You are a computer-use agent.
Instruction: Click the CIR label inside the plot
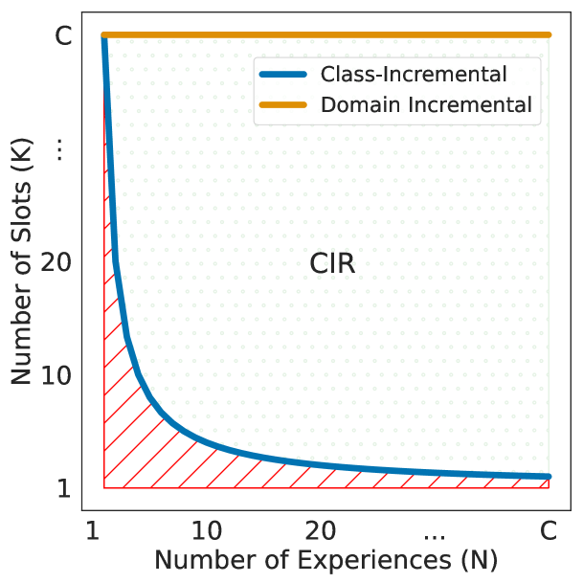333,264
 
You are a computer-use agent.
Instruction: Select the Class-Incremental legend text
414,74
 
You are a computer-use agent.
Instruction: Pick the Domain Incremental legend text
426,104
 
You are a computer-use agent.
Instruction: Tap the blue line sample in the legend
281,74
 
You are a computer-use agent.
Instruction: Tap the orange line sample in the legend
281,104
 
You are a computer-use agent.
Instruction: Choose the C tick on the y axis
63,37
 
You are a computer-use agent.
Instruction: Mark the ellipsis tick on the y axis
60,149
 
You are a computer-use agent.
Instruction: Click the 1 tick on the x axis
93,529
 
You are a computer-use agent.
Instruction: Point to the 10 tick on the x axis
208,529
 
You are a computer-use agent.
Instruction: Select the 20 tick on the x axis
321,529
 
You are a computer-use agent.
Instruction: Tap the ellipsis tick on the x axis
434,529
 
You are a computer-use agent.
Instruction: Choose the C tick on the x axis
548,529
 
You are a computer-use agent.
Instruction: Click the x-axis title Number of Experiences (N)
325,558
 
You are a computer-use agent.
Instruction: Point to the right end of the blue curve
549,476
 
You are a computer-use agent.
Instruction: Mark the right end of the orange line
549,35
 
